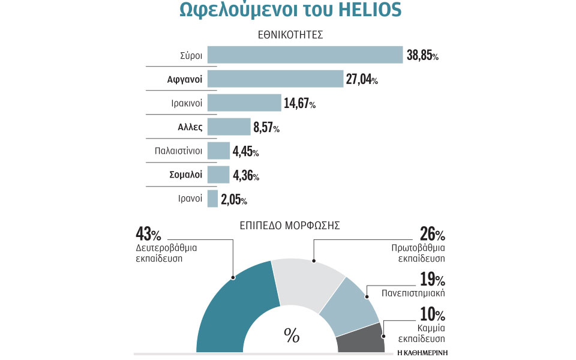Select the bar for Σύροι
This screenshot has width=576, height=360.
point(305,55)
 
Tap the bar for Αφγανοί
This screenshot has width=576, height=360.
point(275,79)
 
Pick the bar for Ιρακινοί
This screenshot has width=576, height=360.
point(244,103)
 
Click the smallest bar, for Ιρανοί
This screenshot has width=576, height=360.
point(212,199)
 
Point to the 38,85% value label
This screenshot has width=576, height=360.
point(422,56)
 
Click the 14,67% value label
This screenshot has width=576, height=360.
point(299,104)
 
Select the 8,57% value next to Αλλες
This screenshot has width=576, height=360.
point(266,128)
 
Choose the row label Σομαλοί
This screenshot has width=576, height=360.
point(185,175)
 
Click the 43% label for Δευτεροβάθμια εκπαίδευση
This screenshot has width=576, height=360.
point(148,234)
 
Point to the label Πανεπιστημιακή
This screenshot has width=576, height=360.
point(413,294)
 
